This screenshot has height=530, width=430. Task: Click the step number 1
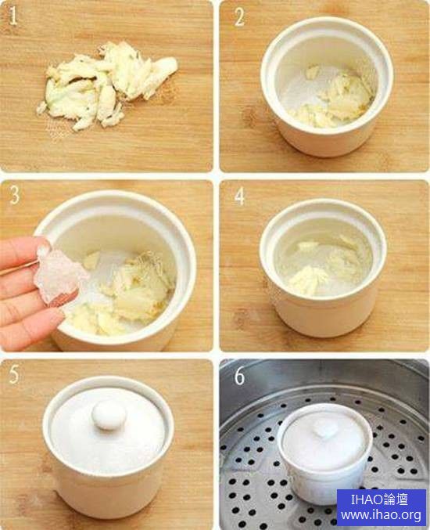13,16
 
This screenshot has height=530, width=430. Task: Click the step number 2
239,17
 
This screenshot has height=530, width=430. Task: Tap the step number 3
14,196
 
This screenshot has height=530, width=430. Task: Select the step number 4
240,196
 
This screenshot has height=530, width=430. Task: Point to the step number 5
14,374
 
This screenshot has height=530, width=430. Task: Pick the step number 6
239,376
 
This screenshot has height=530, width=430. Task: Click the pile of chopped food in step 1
107,85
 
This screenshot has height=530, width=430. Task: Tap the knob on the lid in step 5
109,415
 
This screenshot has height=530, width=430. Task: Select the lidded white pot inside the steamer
324,453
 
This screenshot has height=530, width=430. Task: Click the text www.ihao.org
381,515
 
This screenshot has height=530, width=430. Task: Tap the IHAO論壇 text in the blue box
379,499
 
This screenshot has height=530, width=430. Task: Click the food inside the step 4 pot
324,267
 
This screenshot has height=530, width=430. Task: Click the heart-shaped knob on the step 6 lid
326,431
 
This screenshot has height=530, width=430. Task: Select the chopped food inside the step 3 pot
121,290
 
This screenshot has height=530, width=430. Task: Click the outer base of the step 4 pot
324,316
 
